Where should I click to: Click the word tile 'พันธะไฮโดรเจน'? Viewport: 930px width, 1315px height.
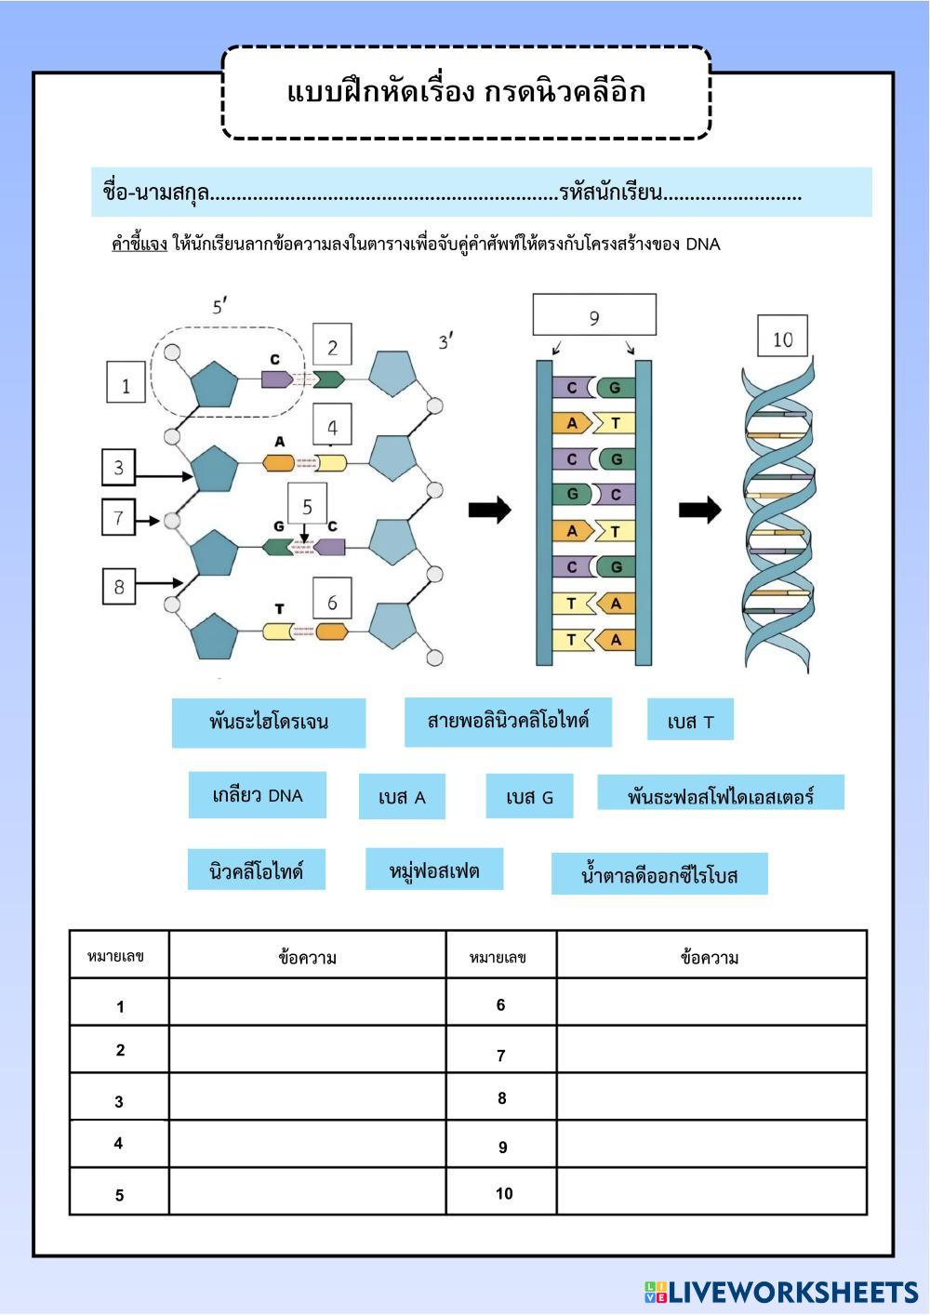pyautogui.click(x=268, y=723)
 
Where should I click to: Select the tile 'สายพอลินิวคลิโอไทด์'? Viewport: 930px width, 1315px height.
pyautogui.click(x=508, y=722)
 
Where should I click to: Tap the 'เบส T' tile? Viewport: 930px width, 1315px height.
pyautogui.click(x=690, y=721)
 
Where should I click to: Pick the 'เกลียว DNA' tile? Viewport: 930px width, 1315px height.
pyautogui.click(x=257, y=795)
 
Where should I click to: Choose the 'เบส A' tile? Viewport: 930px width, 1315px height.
pyautogui.click(x=402, y=797)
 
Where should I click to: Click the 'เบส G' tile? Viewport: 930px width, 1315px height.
pyautogui.click(x=529, y=796)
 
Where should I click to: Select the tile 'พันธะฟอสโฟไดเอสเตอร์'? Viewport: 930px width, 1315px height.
pyautogui.click(x=720, y=793)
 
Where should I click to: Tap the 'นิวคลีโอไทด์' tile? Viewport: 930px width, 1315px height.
pyautogui.click(x=256, y=870)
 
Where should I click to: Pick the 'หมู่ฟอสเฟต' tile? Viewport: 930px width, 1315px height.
pyautogui.click(x=433, y=869)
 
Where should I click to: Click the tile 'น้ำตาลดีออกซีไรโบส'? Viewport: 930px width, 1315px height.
pyautogui.click(x=658, y=874)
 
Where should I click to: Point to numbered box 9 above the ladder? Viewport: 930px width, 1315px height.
pyautogui.click(x=593, y=315)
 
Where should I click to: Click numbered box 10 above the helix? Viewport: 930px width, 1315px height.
pyautogui.click(x=782, y=337)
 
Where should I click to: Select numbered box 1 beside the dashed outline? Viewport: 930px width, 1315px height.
pyautogui.click(x=126, y=383)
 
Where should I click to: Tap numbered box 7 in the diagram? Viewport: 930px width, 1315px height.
pyautogui.click(x=118, y=517)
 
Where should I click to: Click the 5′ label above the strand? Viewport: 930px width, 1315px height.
pyautogui.click(x=220, y=304)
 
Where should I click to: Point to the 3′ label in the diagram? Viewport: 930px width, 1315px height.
pyautogui.click(x=445, y=341)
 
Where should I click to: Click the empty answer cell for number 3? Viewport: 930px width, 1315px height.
pyautogui.click(x=307, y=1096)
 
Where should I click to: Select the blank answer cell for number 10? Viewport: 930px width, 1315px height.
pyautogui.click(x=711, y=1191)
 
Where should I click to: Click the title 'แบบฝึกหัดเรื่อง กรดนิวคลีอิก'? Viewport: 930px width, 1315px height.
pyautogui.click(x=466, y=92)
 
